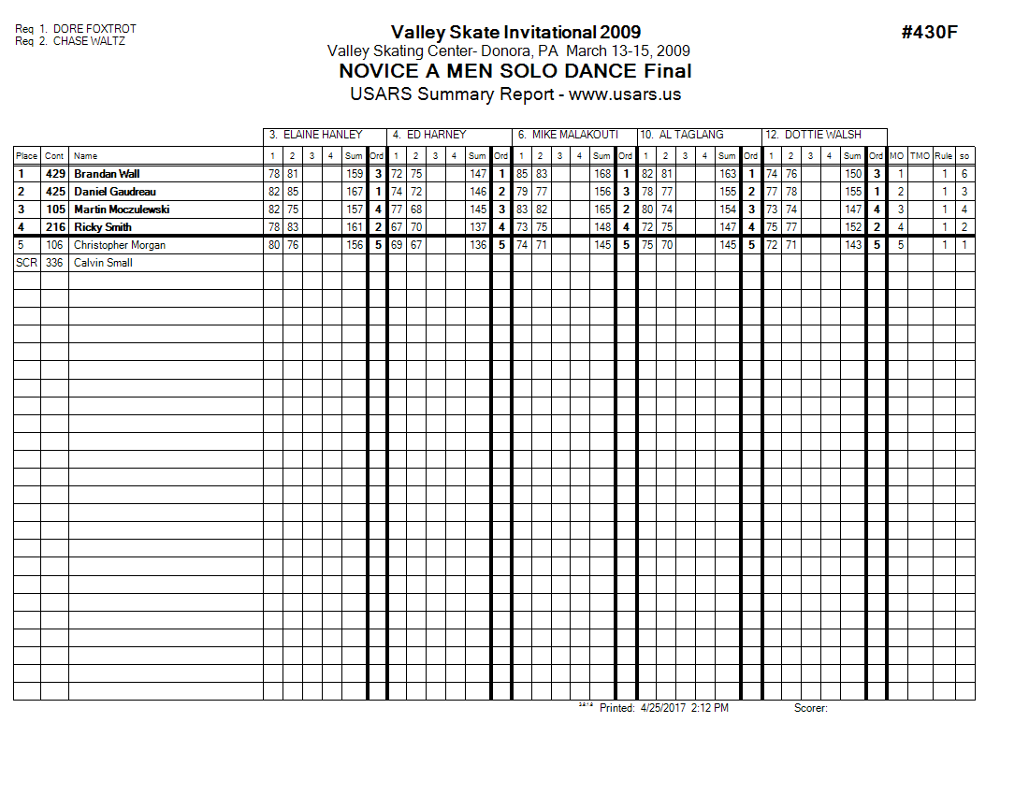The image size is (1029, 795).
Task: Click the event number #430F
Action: (x=929, y=33)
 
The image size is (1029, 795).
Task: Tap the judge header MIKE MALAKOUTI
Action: (x=574, y=135)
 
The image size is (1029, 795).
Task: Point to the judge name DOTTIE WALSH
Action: (x=822, y=135)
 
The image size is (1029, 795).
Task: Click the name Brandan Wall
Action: (x=107, y=174)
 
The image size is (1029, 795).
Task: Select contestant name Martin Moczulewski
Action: (x=123, y=210)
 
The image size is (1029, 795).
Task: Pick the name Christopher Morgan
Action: (x=120, y=245)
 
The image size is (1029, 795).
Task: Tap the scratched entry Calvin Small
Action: (x=103, y=263)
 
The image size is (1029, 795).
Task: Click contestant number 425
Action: (x=55, y=192)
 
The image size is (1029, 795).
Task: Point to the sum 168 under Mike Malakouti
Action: (x=602, y=174)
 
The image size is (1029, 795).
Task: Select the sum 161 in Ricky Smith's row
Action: (x=355, y=227)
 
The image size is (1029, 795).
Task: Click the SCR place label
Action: (x=26, y=263)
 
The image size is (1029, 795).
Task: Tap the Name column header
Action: (x=86, y=156)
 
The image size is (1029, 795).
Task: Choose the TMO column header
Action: (x=920, y=156)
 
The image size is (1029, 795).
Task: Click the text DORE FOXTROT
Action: (x=94, y=30)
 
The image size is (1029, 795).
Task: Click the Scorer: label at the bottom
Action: (x=811, y=709)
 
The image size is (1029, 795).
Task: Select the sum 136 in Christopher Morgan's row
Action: (x=478, y=245)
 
